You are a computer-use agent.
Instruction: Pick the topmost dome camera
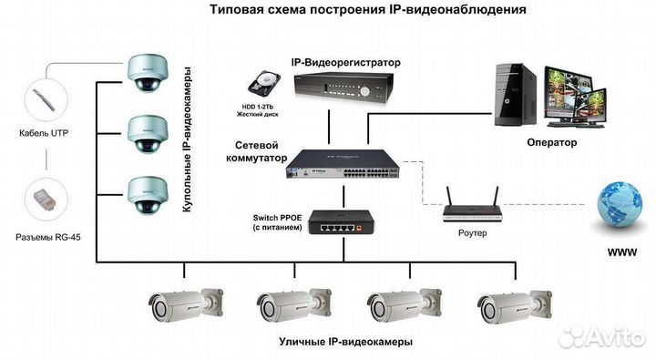[146, 74]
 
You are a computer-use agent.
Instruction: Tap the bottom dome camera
[146, 192]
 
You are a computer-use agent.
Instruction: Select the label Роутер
[472, 233]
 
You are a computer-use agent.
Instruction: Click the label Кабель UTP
[44, 133]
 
